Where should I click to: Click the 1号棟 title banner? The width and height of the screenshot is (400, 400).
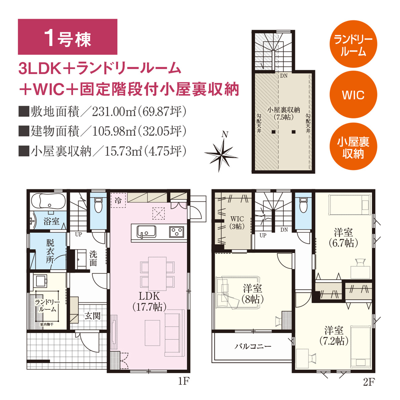click(x=67, y=37)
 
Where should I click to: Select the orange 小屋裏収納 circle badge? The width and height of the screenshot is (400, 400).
click(x=353, y=146)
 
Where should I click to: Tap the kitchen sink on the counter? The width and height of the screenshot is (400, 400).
click(x=146, y=232)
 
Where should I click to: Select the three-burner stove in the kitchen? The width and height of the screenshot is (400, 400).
click(x=176, y=232)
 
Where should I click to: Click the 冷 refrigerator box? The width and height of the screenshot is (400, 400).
click(x=118, y=200)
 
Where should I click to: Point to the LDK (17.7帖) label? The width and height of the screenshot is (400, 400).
click(x=149, y=301)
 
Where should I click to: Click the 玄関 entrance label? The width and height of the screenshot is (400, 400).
click(x=92, y=316)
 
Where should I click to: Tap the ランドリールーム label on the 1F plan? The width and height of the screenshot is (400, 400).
click(x=47, y=306)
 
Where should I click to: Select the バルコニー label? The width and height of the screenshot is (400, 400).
click(x=253, y=346)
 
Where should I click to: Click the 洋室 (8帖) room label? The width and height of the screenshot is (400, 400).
click(x=252, y=294)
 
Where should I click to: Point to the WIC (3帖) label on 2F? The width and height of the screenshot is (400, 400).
click(x=237, y=223)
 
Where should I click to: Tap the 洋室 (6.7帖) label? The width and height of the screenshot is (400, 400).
click(x=343, y=237)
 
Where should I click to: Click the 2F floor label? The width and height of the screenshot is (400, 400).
click(x=369, y=382)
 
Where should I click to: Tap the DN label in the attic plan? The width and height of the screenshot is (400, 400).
click(x=284, y=76)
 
